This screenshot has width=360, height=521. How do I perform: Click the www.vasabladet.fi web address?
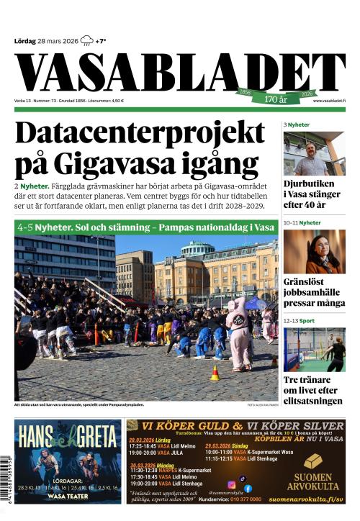(328, 101)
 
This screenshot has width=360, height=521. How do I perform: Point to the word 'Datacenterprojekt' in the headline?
(140, 134)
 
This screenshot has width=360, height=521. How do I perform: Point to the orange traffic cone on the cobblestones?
(214, 373)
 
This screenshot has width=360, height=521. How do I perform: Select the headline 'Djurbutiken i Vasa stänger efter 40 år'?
(313, 194)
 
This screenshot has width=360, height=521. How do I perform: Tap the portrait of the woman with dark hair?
(313, 251)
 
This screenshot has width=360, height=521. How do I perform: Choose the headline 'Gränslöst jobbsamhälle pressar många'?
(313, 293)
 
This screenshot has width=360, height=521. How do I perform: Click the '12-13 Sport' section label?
(299, 320)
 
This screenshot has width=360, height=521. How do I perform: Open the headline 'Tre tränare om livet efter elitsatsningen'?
(313, 390)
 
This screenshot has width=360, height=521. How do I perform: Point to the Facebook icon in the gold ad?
(248, 489)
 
